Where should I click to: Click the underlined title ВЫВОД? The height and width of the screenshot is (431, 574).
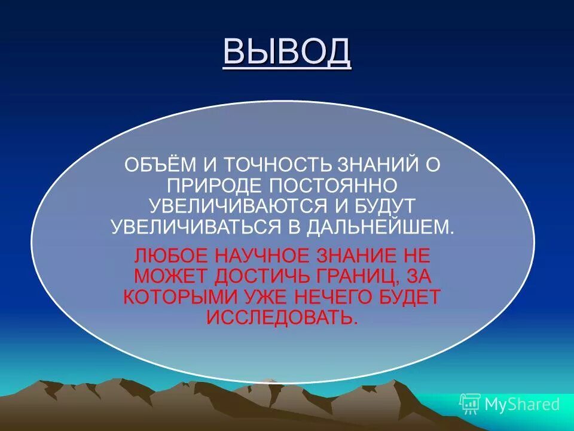(287, 52)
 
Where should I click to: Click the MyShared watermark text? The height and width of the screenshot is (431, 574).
(522, 404)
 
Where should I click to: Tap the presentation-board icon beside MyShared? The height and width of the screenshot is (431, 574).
(469, 404)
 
